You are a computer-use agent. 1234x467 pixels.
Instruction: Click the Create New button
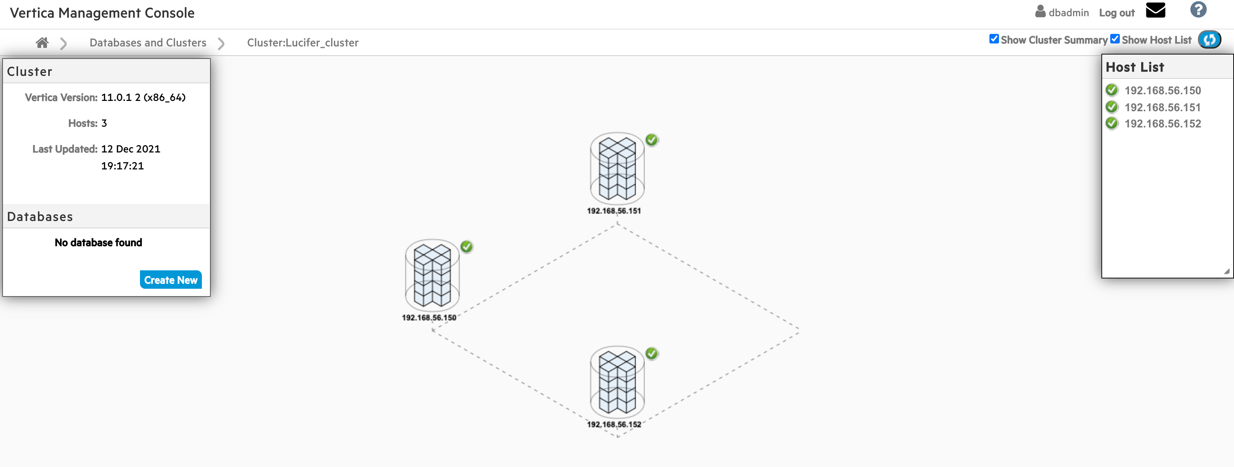171,280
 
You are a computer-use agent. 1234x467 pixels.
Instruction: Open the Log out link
1116,13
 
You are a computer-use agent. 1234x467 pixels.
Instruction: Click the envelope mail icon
1156,10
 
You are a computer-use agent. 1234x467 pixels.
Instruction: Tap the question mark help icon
1198,10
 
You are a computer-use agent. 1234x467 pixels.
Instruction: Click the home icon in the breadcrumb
42,43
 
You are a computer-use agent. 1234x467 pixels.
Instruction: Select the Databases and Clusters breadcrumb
148,43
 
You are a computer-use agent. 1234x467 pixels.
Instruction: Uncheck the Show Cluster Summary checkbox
994,39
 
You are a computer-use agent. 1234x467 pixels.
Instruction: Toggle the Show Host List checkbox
1115,39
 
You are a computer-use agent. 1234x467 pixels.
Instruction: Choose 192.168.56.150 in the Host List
1163,91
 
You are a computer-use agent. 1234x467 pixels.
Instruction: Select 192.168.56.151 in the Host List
1163,107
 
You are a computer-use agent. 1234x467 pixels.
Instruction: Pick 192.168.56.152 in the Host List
1163,124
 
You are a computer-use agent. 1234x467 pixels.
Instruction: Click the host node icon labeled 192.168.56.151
617,168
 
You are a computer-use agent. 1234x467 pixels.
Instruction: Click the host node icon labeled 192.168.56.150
432,275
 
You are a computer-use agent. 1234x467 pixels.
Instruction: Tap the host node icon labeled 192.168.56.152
617,382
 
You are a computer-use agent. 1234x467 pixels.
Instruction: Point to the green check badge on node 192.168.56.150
467,247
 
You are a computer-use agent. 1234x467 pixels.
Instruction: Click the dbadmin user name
1068,13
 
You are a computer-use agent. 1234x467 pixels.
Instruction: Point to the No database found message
98,242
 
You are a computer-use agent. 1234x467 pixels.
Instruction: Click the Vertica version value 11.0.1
116,98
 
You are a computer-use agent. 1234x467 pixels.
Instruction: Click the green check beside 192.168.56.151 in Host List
1112,107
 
